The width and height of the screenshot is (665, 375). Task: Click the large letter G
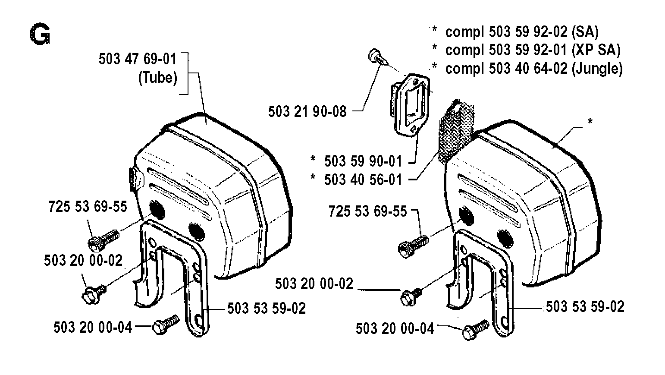(40, 35)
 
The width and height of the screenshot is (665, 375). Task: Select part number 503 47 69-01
(138, 59)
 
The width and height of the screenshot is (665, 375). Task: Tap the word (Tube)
(158, 78)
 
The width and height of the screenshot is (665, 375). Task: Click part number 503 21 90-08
(307, 112)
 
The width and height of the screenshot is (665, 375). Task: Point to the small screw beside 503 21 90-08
(377, 57)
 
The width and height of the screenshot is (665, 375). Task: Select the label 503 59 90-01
(363, 161)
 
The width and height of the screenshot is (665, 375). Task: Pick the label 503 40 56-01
(363, 180)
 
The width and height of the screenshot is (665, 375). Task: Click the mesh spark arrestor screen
(456, 131)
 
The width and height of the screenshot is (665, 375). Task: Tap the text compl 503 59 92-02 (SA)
(522, 32)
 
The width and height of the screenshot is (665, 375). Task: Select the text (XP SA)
(596, 50)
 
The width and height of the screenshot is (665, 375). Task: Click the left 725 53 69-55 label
(88, 207)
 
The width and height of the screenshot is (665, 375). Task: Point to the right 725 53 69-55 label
(367, 211)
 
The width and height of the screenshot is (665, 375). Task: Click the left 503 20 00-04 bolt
(166, 325)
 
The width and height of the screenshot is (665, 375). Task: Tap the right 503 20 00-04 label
(395, 329)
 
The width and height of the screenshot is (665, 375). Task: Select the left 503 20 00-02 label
(83, 261)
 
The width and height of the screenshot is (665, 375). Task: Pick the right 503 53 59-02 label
(585, 307)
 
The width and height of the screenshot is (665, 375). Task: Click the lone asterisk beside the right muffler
(590, 121)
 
